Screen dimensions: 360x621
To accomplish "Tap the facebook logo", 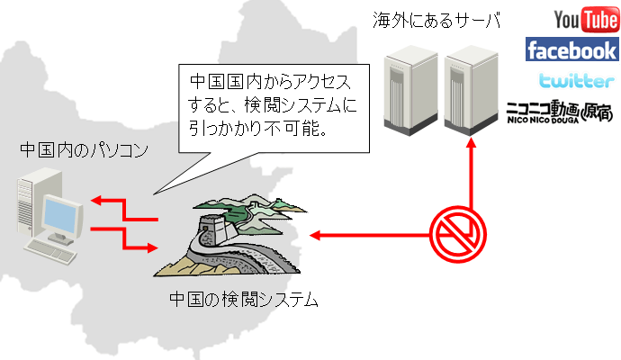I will (x=571, y=50).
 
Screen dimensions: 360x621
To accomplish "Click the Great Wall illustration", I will (x=229, y=238).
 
